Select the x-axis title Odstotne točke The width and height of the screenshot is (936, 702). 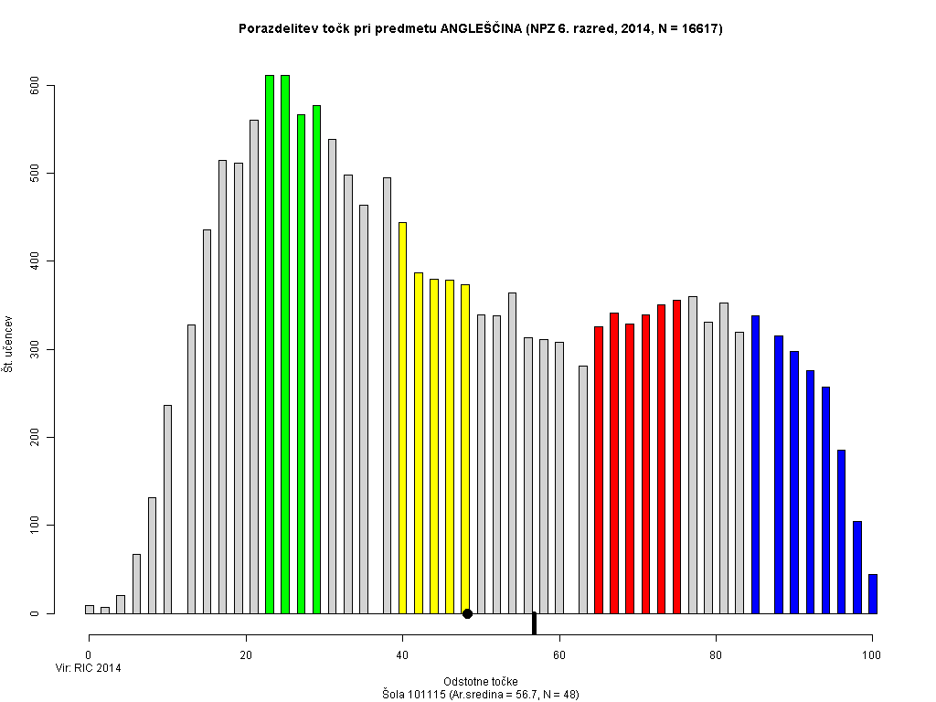pyautogui.click(x=480, y=682)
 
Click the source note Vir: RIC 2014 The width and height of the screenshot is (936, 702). pyautogui.click(x=89, y=668)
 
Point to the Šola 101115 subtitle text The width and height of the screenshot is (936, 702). pyautogui.click(x=480, y=695)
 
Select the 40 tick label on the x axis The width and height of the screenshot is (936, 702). pyautogui.click(x=402, y=654)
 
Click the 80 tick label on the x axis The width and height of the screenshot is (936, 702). pyautogui.click(x=716, y=654)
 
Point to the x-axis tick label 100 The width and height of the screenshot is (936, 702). pyautogui.click(x=872, y=654)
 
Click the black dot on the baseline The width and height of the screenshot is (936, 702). pyautogui.click(x=467, y=613)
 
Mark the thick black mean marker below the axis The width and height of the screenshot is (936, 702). pyautogui.click(x=534, y=622)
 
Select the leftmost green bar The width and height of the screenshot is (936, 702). pyautogui.click(x=270, y=344)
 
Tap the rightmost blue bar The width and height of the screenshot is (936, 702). pyautogui.click(x=873, y=594)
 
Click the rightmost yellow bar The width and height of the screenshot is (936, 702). pyautogui.click(x=465, y=449)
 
